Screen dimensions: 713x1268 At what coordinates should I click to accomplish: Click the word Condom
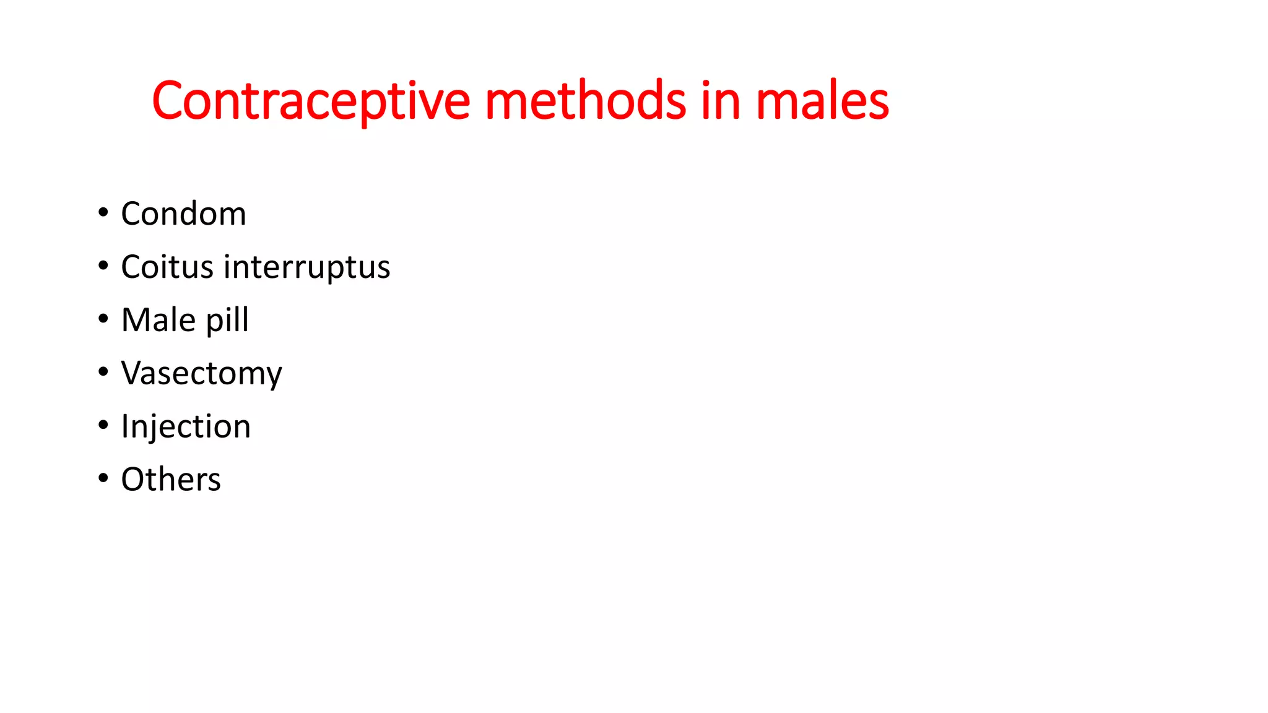point(183,214)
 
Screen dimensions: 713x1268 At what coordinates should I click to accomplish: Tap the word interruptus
point(307,267)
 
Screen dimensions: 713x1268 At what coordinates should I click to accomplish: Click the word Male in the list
point(158,320)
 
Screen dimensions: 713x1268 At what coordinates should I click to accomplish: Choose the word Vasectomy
point(201,374)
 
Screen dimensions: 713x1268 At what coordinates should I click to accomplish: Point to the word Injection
point(186,427)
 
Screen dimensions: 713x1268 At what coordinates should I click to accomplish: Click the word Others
point(171,480)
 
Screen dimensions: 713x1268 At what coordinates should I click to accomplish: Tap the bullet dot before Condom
point(103,213)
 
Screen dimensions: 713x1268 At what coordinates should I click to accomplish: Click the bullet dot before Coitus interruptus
point(103,266)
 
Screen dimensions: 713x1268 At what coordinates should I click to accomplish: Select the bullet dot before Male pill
point(103,319)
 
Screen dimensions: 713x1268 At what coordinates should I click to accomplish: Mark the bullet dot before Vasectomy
point(103,372)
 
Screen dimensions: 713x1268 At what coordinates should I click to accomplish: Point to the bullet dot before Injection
point(103,425)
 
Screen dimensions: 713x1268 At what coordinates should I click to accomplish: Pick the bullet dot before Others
point(103,478)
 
